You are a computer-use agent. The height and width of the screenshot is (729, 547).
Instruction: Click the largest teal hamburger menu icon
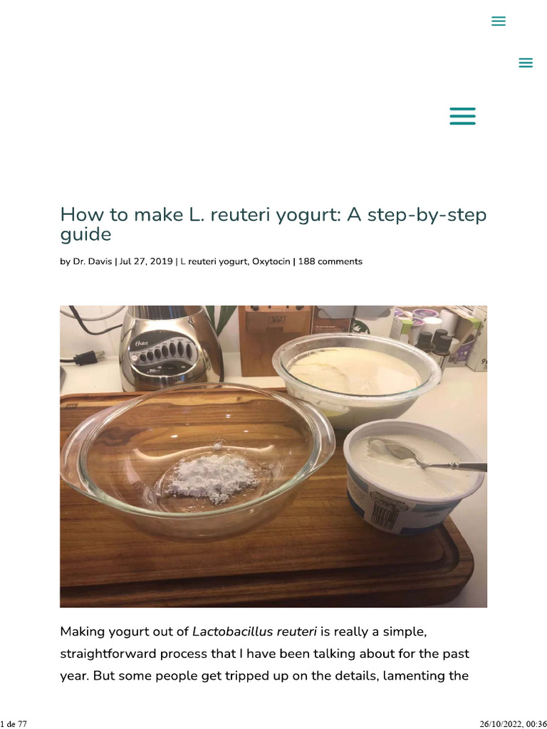click(462, 116)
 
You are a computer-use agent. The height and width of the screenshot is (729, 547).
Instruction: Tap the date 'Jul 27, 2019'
click(146, 261)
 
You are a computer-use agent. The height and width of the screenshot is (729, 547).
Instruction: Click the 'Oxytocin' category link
click(271, 261)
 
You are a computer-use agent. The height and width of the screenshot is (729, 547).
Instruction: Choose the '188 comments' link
click(330, 261)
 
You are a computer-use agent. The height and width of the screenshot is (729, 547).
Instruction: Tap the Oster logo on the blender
click(137, 343)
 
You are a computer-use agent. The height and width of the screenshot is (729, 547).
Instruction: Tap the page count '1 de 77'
click(14, 723)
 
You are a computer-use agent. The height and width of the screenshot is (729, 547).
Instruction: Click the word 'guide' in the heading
click(85, 234)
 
